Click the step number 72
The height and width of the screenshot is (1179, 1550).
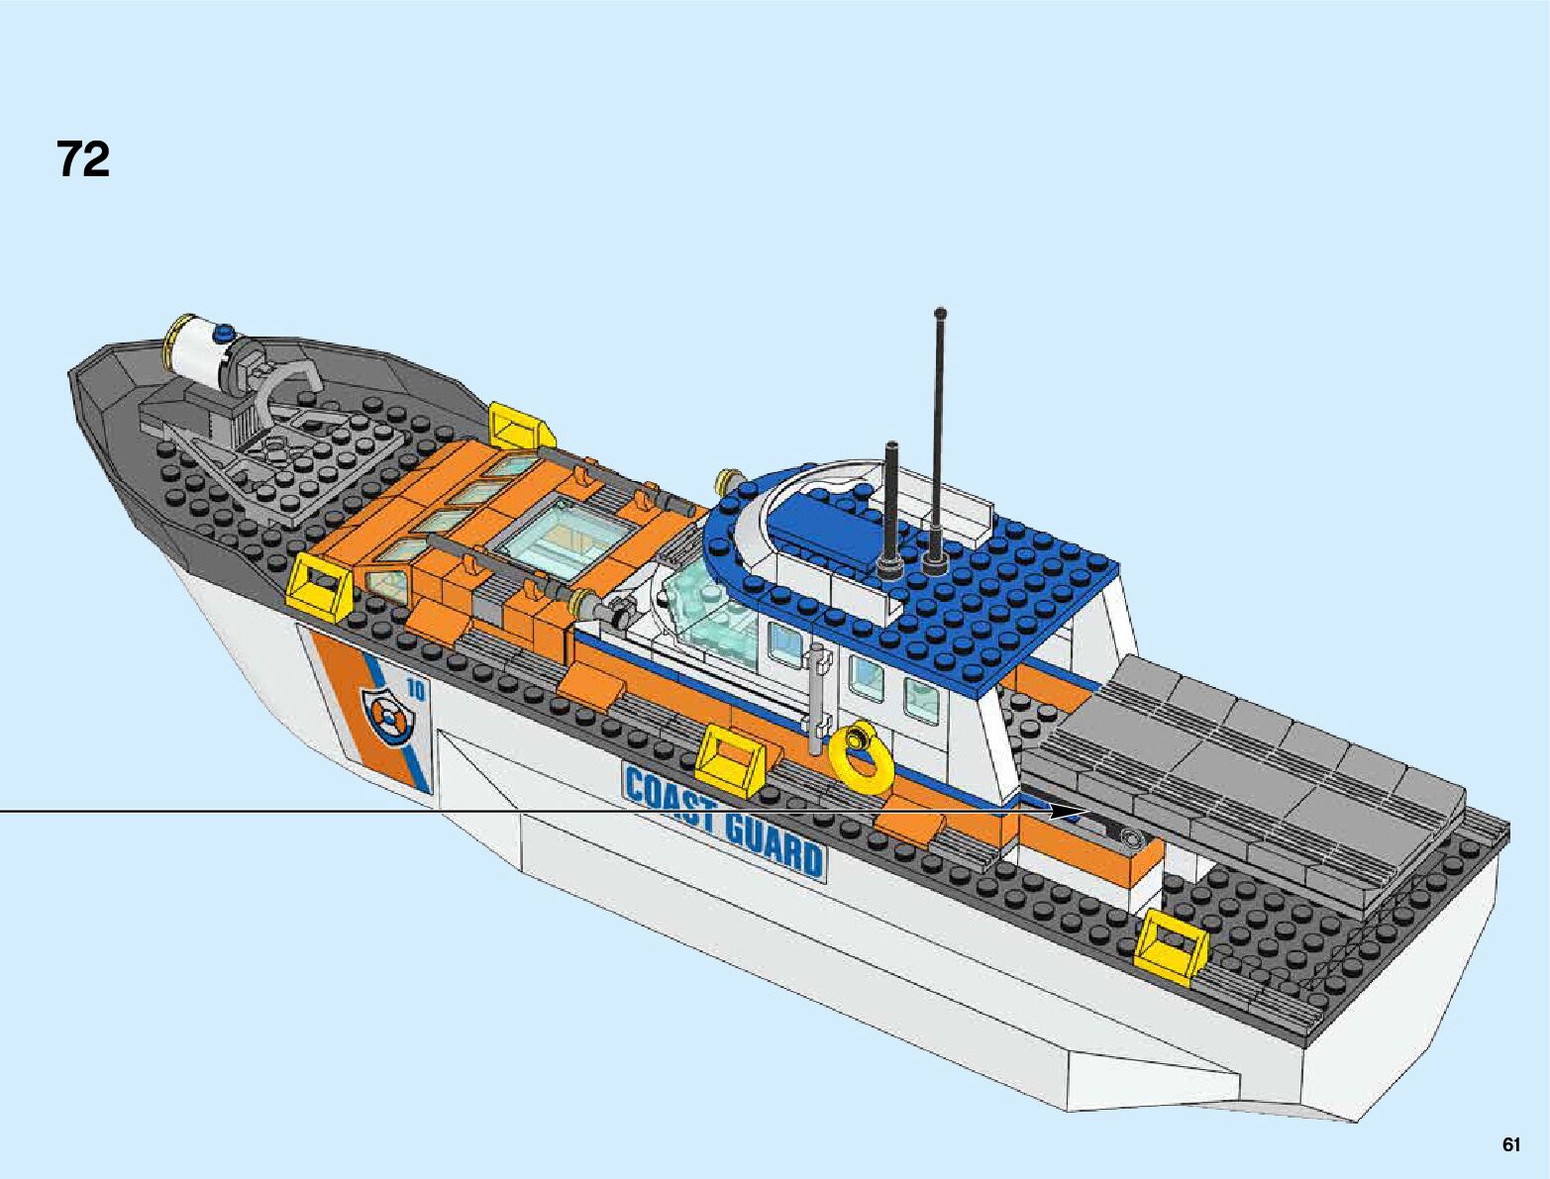(x=83, y=159)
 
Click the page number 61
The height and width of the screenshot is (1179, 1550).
(x=1510, y=1145)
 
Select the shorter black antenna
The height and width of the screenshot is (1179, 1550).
(x=891, y=505)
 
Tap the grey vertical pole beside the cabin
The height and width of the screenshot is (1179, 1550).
(x=817, y=697)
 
